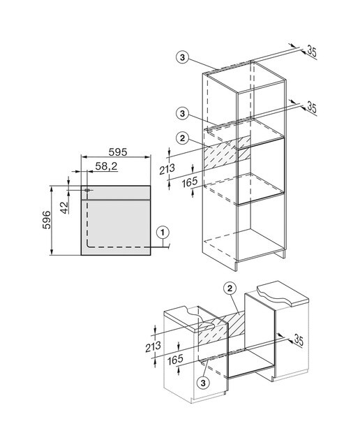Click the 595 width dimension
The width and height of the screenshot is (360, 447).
tap(118, 152)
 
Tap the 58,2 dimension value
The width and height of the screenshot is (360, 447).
tap(106, 166)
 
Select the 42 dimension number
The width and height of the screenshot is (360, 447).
tap(65, 207)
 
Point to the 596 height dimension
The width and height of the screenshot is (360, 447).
tap(46, 220)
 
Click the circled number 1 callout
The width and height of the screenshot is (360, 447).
tap(163, 233)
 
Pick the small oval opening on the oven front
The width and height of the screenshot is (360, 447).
tap(87, 189)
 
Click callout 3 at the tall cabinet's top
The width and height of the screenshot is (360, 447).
tap(182, 57)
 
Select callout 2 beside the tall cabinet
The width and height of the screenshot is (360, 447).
tap(182, 138)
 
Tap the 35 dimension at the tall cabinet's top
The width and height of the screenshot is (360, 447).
tap(312, 52)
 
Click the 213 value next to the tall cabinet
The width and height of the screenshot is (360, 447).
tap(167, 169)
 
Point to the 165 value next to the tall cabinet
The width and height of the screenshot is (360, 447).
tap(190, 182)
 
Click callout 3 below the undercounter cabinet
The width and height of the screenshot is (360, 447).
tap(203, 383)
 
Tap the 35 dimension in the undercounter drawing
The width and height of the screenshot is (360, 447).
tap(299, 340)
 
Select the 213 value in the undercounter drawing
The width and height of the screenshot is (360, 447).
tap(153, 346)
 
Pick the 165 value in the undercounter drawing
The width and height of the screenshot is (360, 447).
tap(175, 360)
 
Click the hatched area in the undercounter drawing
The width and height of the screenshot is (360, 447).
tap(221, 328)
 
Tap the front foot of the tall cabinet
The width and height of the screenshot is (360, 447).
tap(236, 266)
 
